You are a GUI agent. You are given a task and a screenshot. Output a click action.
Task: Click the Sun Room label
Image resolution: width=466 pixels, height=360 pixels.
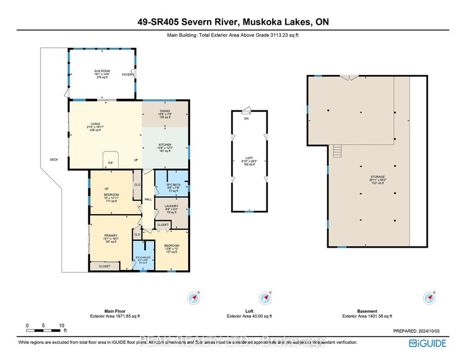pos(101,73)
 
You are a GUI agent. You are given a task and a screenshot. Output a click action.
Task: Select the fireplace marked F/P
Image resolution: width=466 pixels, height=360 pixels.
pos(111,162)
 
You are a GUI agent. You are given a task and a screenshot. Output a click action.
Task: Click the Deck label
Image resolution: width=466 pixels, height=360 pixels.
pos(54,160)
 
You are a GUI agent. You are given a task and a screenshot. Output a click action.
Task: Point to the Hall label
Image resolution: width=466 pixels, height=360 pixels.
pos(148,199)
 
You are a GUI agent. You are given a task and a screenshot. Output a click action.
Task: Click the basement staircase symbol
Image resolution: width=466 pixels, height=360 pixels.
pos(338,151)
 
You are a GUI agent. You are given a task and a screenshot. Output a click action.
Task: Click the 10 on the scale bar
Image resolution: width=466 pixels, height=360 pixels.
pos(62,325)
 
